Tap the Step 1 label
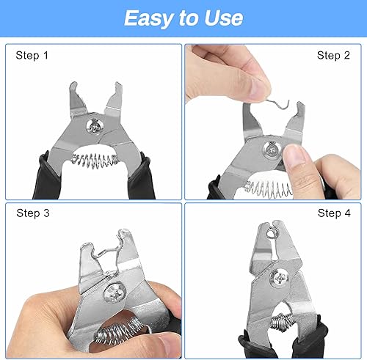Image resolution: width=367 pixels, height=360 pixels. point(32,55)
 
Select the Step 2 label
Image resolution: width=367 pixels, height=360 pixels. point(333,55)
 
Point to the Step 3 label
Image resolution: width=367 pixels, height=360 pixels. point(33,213)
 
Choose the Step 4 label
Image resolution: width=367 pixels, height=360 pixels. point(334,213)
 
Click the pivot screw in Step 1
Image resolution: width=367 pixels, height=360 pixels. point(95,126)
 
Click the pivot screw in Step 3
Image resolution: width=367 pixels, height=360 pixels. point(115,293)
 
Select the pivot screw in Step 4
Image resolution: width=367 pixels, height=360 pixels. point(280,277)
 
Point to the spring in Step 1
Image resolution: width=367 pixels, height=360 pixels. point(94,160)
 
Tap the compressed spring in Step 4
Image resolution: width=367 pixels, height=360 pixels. point(281,321)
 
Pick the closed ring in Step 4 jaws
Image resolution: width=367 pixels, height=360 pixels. point(271,234)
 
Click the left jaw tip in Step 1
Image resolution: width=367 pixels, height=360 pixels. point(73,86)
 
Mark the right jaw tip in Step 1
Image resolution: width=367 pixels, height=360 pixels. point(118,86)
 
